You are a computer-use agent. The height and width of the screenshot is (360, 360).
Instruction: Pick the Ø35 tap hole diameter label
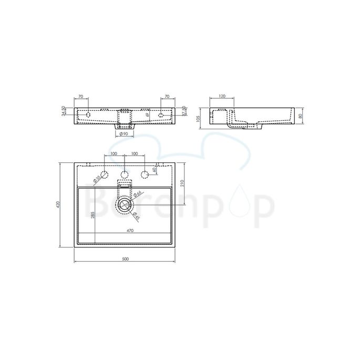[x=98, y=179]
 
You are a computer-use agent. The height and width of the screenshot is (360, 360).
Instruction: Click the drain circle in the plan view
[x=125, y=203]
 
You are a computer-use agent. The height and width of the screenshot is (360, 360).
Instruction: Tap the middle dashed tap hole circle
[x=125, y=174]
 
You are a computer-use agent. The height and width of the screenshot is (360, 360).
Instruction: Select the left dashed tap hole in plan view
[x=106, y=174]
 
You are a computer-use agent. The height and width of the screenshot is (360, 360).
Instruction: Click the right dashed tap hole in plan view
[x=143, y=174]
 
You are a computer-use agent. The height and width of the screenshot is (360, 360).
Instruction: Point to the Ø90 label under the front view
[x=125, y=135]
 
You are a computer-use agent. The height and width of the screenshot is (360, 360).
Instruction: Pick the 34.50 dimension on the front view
[x=64, y=111]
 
